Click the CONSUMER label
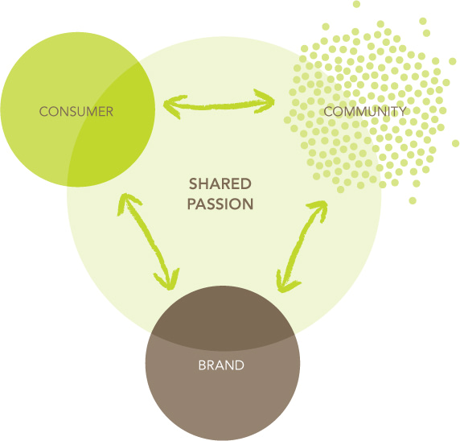[76, 112]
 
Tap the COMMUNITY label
[365, 111]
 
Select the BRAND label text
[221, 365]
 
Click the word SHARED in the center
[220, 184]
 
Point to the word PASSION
[220, 204]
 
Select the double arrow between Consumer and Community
[219, 105]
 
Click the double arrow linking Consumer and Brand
[148, 241]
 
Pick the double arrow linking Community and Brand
[302, 246]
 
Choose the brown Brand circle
[223, 363]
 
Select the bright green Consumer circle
[78, 109]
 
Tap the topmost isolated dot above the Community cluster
[356, 4]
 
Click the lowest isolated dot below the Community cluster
[413, 200]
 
